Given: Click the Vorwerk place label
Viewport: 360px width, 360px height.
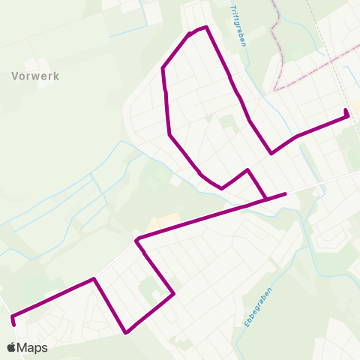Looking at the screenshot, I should point(35,76).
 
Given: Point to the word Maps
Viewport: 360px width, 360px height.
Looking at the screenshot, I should point(33,348).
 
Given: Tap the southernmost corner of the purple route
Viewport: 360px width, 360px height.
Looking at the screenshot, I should point(127,332).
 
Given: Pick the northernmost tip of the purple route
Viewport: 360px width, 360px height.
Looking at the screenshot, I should point(205,27).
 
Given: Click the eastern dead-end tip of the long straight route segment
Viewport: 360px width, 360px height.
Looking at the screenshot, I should point(286,193).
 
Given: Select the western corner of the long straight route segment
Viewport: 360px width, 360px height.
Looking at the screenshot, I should point(137,240).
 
